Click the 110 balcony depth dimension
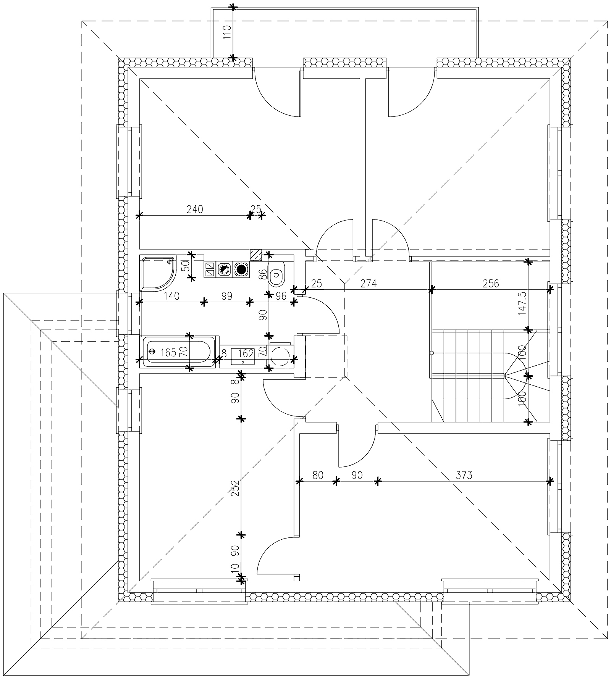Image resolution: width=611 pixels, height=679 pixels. click(x=227, y=33)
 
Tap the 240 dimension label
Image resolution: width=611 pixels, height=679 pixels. click(x=195, y=209)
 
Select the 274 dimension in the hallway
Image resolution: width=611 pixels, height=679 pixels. click(x=369, y=284)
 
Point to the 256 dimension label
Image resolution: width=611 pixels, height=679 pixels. click(x=491, y=284)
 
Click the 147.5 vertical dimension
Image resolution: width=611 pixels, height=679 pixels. click(x=522, y=303)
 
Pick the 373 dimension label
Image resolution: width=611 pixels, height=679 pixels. click(x=464, y=475)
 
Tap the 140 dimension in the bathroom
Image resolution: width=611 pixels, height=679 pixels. click(x=172, y=296)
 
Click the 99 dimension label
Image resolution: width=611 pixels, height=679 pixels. click(x=227, y=296)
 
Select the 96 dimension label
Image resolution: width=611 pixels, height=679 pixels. click(x=281, y=296)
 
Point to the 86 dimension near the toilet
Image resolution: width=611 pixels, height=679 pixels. click(x=263, y=274)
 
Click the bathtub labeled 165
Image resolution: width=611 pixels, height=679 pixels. click(x=178, y=352)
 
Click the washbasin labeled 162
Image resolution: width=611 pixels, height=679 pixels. click(x=243, y=355)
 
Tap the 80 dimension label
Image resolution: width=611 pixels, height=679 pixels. click(x=318, y=475)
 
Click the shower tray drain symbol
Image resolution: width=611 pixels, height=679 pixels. click(x=169, y=262)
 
